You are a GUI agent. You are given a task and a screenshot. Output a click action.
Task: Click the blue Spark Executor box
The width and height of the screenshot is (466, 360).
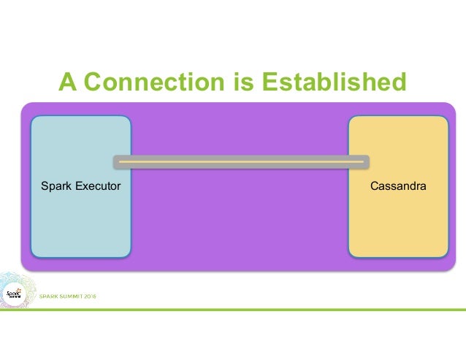click(80, 219)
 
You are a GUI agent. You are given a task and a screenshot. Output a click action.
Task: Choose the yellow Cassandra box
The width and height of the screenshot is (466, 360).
click(397, 219)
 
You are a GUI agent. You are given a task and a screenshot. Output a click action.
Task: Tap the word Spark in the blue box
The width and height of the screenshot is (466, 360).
click(56, 186)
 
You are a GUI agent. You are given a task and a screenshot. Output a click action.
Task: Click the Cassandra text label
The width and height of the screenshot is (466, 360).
click(398, 186)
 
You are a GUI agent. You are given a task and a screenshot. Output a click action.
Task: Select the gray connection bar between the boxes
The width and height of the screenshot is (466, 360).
click(241, 161)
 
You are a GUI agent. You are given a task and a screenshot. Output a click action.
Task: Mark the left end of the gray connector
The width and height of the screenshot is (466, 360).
click(116, 161)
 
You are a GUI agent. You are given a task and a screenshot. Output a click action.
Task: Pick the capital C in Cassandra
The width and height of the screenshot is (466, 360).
click(374, 186)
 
